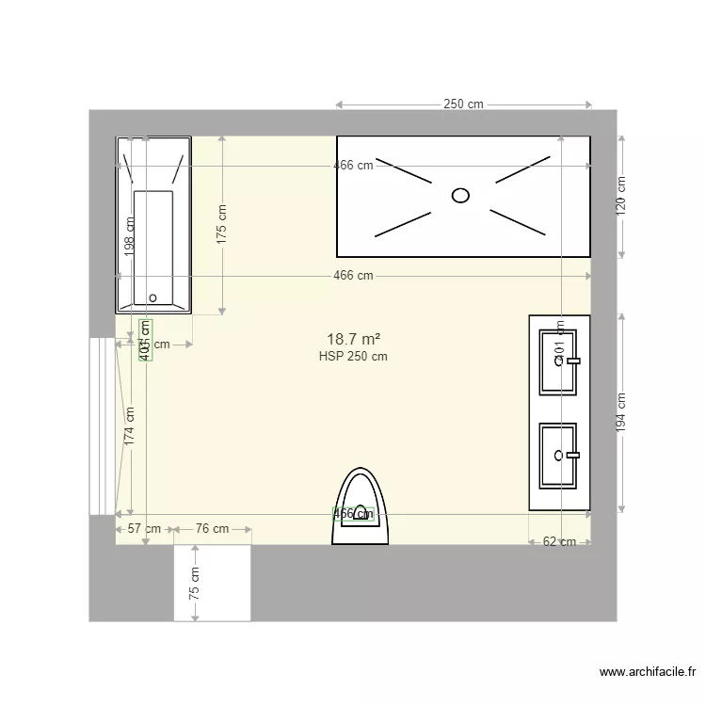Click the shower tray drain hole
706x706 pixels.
click(x=460, y=195)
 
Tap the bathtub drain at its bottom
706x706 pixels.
click(x=152, y=297)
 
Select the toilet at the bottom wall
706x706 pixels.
click(x=360, y=508)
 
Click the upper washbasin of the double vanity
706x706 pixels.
click(x=558, y=361)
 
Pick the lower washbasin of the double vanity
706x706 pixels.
click(x=558, y=456)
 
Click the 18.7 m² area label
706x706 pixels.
click(x=353, y=339)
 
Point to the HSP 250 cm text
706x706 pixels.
click(x=353, y=357)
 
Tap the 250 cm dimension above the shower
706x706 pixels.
click(x=463, y=104)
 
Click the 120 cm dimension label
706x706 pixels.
click(x=621, y=197)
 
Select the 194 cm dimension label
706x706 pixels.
click(x=621, y=412)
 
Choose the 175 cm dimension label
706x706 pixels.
click(x=222, y=225)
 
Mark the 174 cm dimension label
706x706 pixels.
click(x=130, y=425)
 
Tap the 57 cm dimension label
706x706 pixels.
click(x=145, y=529)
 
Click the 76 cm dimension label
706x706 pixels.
click(x=212, y=529)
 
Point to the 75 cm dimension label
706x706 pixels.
click(x=194, y=584)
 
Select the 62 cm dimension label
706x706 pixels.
click(x=559, y=541)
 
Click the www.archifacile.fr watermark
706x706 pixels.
click(x=648, y=672)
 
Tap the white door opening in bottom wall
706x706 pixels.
click(x=212, y=584)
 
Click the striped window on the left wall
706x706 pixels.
click(x=101, y=425)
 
